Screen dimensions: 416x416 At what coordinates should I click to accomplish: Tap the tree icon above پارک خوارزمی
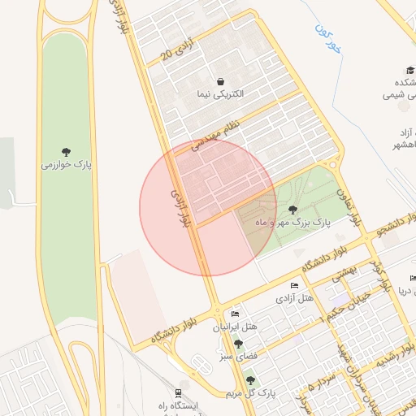click(67, 151)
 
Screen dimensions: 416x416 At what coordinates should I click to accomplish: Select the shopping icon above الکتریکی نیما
click(221, 81)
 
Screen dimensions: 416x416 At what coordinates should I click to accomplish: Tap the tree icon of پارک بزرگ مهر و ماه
click(292, 210)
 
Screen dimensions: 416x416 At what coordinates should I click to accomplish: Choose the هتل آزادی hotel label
click(295, 299)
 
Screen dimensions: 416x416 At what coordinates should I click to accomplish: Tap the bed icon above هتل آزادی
click(294, 286)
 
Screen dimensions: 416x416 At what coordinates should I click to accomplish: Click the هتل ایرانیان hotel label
click(235, 327)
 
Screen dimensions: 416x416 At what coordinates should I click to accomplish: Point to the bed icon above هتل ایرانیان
click(235, 314)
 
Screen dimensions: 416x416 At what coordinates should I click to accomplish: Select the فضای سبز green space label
click(238, 356)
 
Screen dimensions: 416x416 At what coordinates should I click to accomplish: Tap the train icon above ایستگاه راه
click(167, 393)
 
